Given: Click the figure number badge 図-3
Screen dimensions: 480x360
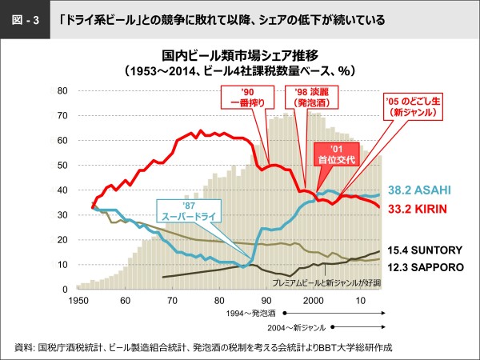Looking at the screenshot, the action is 25,20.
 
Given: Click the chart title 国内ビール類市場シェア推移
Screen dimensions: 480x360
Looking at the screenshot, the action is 240,56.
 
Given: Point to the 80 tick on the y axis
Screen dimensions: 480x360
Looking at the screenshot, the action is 62,90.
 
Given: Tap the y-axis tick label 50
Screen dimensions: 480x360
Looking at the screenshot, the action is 62,166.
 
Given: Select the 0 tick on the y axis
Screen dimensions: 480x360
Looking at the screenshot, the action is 65,290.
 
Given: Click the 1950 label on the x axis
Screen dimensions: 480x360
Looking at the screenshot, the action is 78,301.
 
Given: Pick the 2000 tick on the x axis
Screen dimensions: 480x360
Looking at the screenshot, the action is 314,301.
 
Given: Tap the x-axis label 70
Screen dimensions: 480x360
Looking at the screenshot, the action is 172,301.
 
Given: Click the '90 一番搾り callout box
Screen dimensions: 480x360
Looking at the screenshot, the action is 247,97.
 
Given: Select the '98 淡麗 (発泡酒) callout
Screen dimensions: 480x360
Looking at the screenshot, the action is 312,97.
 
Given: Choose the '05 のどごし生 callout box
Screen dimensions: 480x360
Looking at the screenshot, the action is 413,106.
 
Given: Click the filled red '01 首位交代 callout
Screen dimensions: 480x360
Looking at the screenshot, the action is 337,154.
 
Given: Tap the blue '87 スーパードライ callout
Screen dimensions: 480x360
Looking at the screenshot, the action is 189,211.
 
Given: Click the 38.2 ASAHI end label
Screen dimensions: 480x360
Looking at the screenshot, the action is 419,190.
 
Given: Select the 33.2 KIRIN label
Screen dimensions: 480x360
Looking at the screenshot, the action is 418,209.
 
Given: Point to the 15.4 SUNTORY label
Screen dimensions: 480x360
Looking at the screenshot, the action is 425,250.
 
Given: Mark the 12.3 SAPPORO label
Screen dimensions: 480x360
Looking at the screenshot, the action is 426,267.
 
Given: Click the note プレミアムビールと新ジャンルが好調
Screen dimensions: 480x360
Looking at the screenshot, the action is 326,283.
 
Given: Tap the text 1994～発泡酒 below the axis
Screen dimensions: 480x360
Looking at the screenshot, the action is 251,313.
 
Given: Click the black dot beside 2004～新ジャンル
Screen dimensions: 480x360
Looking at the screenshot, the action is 333,327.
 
